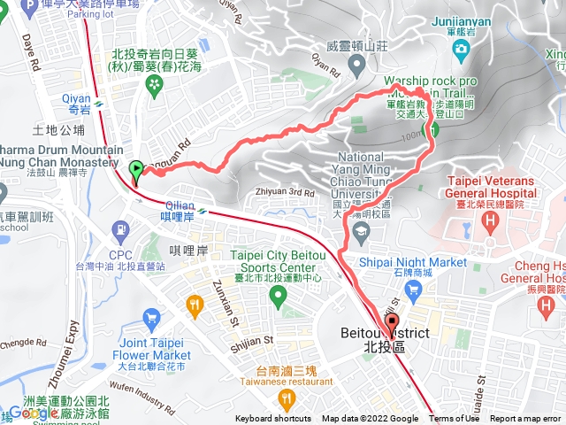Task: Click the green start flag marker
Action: click(x=134, y=170)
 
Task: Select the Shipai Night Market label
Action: click(x=413, y=262)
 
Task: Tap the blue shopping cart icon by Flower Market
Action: click(x=151, y=317)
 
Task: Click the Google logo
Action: click(x=33, y=413)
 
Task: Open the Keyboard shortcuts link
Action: click(x=272, y=419)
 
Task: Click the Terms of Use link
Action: click(x=454, y=419)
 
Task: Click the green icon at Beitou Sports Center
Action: click(x=280, y=297)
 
